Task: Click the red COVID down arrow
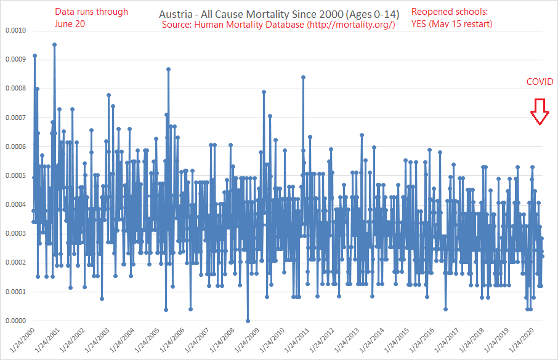coord(540,112)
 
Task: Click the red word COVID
coord(539,82)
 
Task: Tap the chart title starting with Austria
coord(278,13)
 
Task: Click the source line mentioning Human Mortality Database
coord(278,24)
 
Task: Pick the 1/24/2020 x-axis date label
coord(519,342)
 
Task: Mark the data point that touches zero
coord(248,321)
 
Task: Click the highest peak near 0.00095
coord(54,44)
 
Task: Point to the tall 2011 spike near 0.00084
coord(303,77)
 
